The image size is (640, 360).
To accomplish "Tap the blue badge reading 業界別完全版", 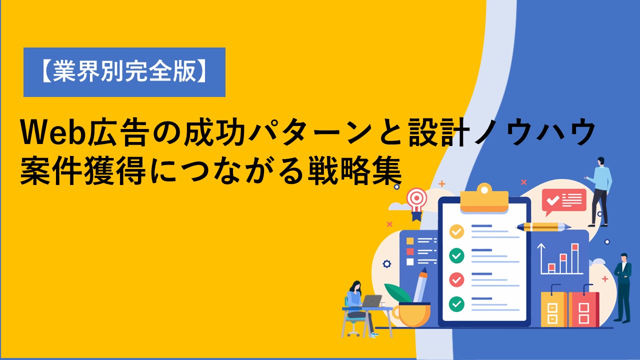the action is [124, 72].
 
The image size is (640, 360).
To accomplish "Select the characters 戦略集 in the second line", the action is [355, 171].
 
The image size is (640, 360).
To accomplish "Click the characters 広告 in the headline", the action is [118, 132].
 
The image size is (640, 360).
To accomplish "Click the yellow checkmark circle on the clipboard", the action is [456, 231].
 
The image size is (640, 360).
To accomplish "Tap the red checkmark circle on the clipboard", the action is [456, 279].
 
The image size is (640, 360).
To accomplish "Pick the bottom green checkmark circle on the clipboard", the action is [456, 304].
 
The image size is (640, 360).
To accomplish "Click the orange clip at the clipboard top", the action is [484, 198].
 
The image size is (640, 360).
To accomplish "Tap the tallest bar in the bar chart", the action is [575, 258].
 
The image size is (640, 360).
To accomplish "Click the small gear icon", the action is [387, 263].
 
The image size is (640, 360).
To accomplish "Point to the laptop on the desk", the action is [371, 301].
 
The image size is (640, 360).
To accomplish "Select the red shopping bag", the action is [583, 306].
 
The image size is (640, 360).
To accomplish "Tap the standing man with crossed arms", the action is [623, 288].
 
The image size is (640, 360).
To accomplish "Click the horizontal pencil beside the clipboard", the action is [543, 227].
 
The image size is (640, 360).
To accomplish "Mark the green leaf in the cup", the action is [397, 293].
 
